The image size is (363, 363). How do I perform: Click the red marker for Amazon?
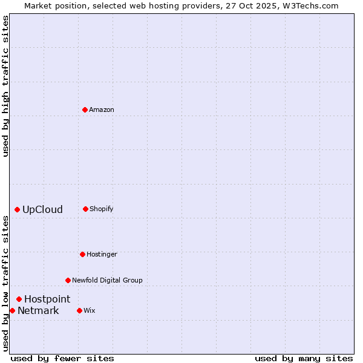[x=85, y=110]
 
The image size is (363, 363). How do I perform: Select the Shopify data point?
[x=85, y=209]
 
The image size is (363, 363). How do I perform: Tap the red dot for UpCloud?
[x=17, y=209]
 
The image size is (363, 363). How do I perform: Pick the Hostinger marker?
[x=82, y=254]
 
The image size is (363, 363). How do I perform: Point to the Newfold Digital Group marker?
[x=68, y=280]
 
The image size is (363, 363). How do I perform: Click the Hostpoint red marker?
[x=19, y=299]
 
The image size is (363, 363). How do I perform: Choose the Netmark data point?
[x=12, y=310]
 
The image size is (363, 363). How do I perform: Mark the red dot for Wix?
[x=79, y=310]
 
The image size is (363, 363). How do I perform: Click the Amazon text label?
[x=102, y=110]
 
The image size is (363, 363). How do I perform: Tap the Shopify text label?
[x=102, y=209]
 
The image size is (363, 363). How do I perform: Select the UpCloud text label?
[x=42, y=210]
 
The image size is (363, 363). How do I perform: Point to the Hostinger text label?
[x=102, y=254]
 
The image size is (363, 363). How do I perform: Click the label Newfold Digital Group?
[x=107, y=280]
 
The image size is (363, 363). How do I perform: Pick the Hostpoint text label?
[x=47, y=299]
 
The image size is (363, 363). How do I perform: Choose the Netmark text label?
[x=38, y=311]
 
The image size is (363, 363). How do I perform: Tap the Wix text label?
[x=90, y=310]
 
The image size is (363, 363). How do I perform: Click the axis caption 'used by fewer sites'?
[x=62, y=358]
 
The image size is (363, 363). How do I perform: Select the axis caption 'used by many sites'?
[x=304, y=358]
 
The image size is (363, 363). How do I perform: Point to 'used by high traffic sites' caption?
[x=5, y=86]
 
